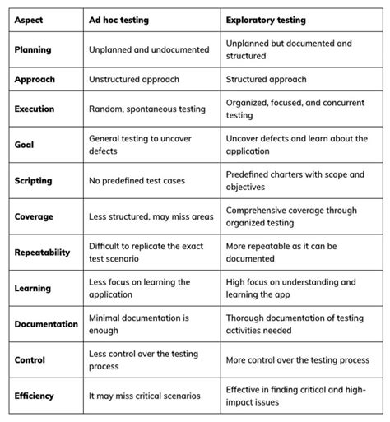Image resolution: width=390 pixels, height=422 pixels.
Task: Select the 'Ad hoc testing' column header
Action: click(x=119, y=17)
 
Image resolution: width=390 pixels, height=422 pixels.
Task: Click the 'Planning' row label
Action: click(x=32, y=49)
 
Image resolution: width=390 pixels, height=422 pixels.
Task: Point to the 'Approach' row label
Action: click(x=34, y=80)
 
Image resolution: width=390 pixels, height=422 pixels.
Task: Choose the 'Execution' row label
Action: click(x=35, y=109)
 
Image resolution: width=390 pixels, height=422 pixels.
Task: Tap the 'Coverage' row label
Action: click(x=34, y=216)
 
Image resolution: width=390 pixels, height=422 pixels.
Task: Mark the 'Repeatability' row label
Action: click(x=42, y=253)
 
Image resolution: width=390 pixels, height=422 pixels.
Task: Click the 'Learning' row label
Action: click(x=32, y=289)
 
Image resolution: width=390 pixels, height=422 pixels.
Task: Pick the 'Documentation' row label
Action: click(x=46, y=324)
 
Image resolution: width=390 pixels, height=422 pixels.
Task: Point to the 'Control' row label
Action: click(x=30, y=359)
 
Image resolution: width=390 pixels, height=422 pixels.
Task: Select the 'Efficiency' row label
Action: click(x=34, y=396)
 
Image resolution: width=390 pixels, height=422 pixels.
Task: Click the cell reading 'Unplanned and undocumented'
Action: click(x=149, y=49)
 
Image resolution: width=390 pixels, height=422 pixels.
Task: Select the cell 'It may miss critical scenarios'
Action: click(x=145, y=396)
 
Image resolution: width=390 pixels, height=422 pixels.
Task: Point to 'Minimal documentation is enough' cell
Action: click(x=140, y=324)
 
